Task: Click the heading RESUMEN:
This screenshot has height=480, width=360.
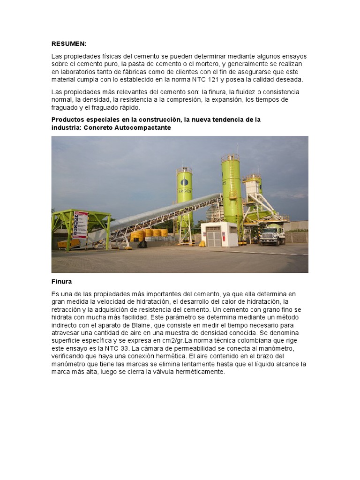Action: tap(69, 44)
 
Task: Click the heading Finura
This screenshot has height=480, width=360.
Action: tap(61, 282)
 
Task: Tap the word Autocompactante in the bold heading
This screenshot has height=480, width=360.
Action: tap(145, 127)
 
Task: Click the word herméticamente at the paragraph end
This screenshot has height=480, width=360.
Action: tap(200, 372)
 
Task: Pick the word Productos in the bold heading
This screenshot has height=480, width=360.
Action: tap(68, 120)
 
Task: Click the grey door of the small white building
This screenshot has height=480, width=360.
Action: tap(214, 237)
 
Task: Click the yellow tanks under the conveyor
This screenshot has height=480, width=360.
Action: tap(149, 233)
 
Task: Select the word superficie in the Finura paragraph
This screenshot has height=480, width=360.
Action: tap(68, 340)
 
